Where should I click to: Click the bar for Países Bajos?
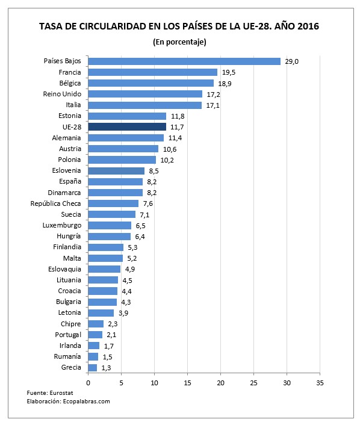click(184, 61)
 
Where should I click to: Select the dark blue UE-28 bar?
click(127, 127)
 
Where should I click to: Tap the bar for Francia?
click(152, 72)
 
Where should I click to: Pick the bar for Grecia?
click(92, 367)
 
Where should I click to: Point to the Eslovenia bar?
click(116, 171)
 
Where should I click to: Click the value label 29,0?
click(291, 61)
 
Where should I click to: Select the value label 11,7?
click(176, 127)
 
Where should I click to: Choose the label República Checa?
click(57, 203)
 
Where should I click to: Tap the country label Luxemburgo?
click(62, 225)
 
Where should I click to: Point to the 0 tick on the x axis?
click(88, 382)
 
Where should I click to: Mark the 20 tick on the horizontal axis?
click(220, 382)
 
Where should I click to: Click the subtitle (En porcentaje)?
click(179, 42)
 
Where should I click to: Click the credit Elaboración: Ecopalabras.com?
click(68, 401)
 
